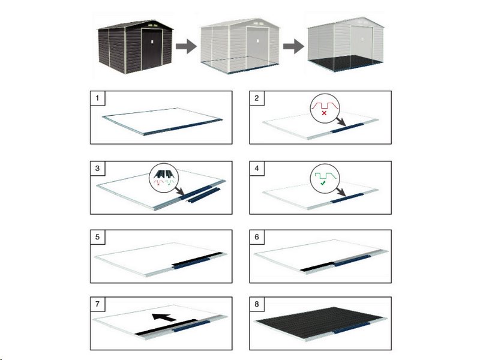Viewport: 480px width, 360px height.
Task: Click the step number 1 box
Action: point(98,98)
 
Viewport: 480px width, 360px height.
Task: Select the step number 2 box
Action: point(257,98)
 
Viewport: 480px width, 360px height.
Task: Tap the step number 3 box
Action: point(98,169)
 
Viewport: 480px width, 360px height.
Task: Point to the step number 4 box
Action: point(257,169)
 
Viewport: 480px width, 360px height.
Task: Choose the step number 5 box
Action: point(98,237)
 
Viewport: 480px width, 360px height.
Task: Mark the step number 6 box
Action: point(257,237)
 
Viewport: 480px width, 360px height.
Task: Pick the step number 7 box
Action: point(98,304)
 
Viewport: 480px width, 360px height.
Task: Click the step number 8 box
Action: point(257,304)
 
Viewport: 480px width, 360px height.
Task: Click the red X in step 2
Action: point(324,113)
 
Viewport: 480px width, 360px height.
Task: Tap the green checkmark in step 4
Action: point(323,183)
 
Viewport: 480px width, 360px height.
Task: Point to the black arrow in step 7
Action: point(164,317)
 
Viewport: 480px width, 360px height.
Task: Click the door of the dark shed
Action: point(152,49)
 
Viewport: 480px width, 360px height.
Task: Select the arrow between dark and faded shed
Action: point(186,46)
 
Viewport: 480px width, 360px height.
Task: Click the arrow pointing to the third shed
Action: point(293,46)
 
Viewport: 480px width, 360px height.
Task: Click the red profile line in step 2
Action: point(325,106)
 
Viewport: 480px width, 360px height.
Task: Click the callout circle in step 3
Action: point(163,178)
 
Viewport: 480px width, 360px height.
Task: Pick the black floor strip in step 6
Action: point(317,266)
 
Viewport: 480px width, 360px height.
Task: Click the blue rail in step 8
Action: point(352,328)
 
